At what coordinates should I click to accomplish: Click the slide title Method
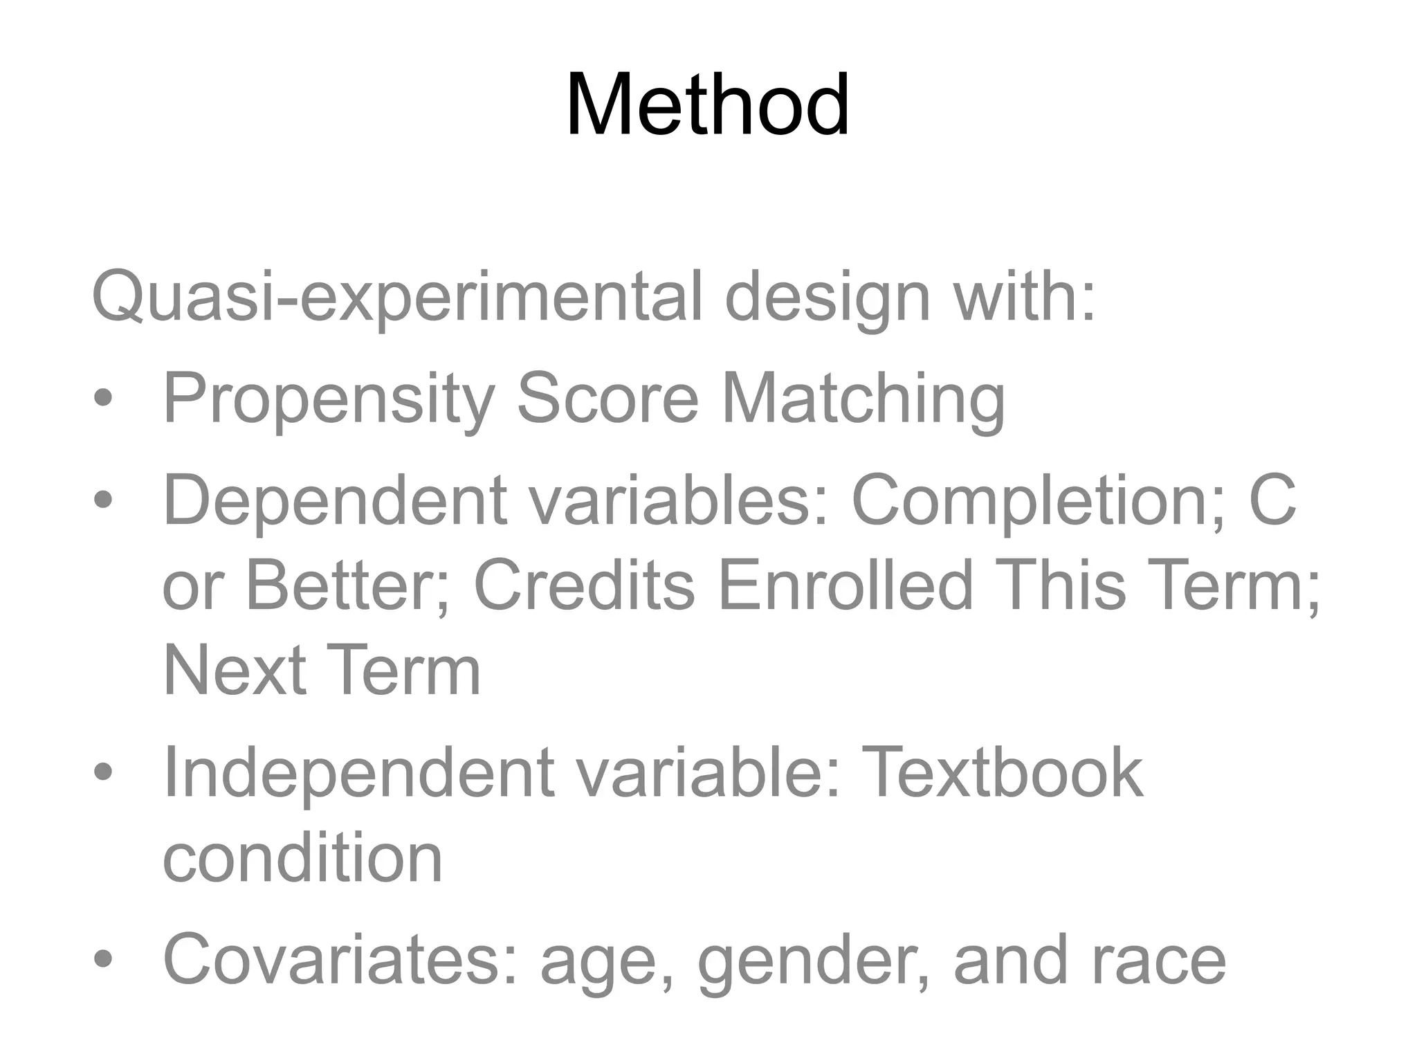(x=707, y=105)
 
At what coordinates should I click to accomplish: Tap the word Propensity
(x=329, y=399)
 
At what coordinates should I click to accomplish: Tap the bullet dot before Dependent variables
(x=103, y=500)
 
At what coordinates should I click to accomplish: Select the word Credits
(x=584, y=585)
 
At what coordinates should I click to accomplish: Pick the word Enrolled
(x=845, y=585)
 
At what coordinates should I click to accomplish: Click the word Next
(x=235, y=670)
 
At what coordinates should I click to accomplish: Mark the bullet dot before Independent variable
(x=103, y=772)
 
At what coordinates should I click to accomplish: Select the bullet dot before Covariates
(x=103, y=958)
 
